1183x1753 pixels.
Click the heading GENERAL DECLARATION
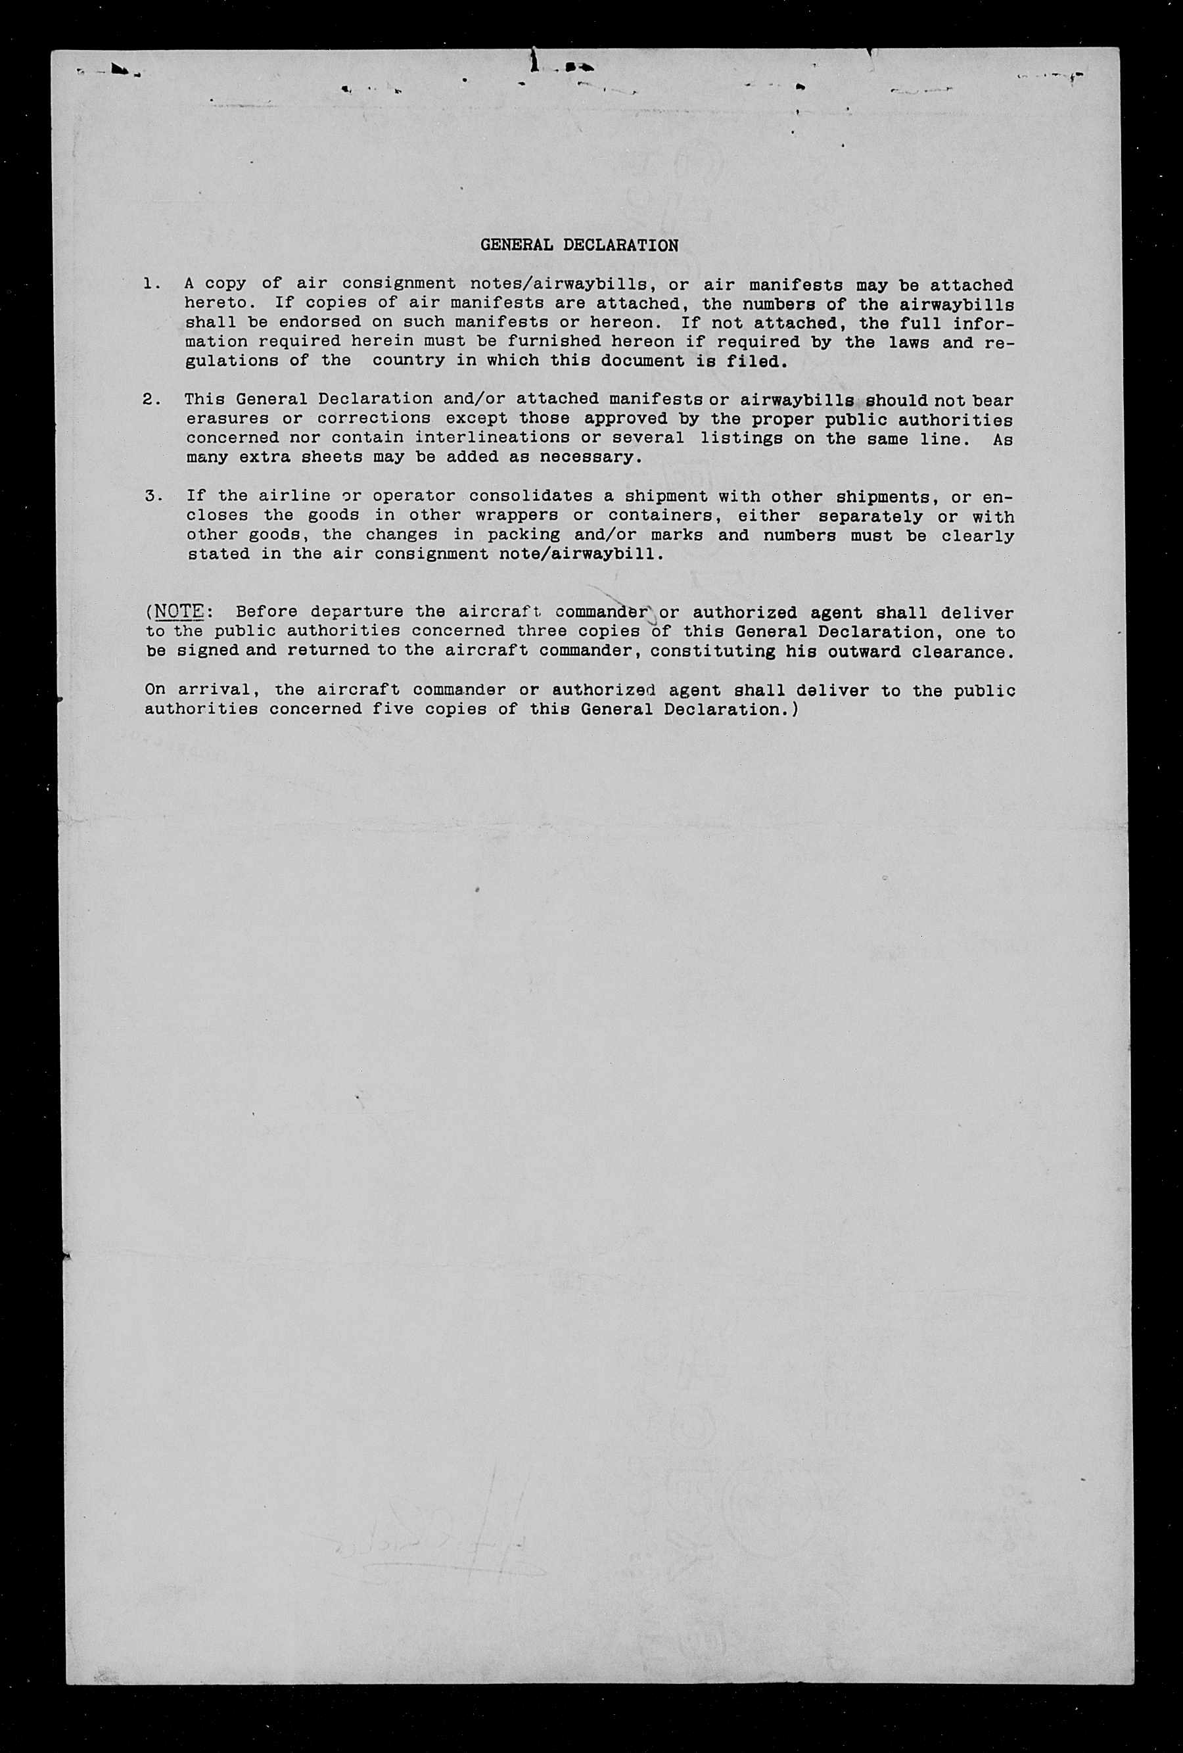coord(579,245)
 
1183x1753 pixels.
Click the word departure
coord(358,612)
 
